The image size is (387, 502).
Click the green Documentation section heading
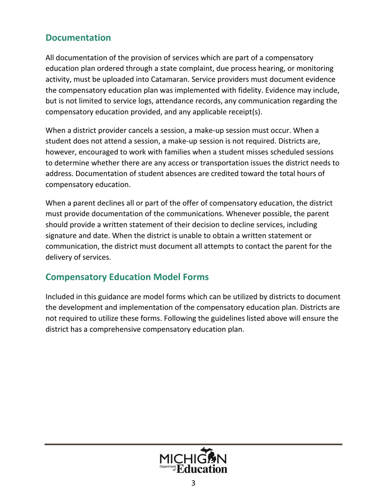point(78,38)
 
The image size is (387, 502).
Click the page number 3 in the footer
point(193,484)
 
